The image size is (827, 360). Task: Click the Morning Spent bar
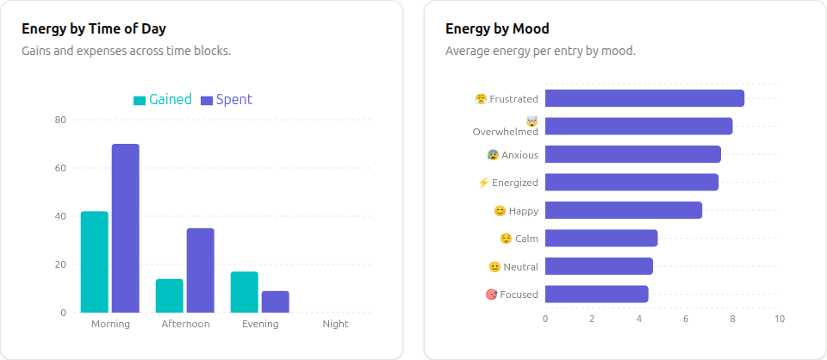125,228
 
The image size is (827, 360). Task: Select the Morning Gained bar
94,262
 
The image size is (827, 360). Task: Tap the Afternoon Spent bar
200,270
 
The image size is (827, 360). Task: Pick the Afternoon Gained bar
169,295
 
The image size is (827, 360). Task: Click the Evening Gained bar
244,292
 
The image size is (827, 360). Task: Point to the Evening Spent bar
275,301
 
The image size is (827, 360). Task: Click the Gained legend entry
163,100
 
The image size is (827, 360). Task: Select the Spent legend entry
227,100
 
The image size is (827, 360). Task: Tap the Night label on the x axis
335,324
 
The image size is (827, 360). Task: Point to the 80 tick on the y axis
60,120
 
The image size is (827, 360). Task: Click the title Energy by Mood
497,28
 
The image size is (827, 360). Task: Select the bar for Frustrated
644,98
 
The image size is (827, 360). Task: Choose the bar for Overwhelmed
638,127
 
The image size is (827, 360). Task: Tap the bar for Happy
623,210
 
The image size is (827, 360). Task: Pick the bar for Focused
596,295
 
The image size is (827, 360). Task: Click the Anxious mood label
519,155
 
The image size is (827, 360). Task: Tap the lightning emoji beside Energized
483,183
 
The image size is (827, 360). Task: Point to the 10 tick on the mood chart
779,319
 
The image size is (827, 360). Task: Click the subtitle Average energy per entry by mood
540,51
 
